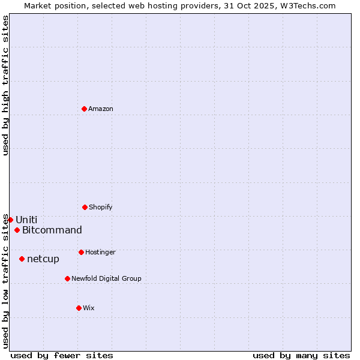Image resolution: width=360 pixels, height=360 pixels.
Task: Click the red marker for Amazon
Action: click(84, 109)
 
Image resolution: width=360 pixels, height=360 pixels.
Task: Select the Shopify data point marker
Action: click(85, 207)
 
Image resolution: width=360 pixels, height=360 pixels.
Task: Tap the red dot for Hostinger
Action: click(81, 252)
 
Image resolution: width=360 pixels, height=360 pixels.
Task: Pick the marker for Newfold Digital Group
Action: click(67, 278)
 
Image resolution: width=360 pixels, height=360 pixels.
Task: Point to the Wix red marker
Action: click(79, 308)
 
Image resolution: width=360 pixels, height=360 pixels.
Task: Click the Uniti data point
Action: click(10, 220)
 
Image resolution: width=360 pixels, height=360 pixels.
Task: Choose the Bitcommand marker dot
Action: click(17, 230)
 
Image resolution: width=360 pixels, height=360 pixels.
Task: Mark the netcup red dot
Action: click(22, 259)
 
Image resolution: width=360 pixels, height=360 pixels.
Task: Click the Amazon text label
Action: click(101, 109)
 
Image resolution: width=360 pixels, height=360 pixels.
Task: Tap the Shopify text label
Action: click(101, 207)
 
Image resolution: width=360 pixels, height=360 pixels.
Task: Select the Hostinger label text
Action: click(100, 252)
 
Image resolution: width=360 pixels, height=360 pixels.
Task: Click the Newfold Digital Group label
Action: click(107, 278)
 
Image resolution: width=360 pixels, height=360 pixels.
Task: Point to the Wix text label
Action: click(89, 308)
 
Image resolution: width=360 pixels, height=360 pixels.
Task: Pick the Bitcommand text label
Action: click(52, 230)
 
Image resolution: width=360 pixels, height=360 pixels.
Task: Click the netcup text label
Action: click(43, 259)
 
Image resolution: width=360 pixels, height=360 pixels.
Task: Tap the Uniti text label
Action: click(26, 220)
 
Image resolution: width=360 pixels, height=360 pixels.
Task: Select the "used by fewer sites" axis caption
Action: click(62, 355)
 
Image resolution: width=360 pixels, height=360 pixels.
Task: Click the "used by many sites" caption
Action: click(301, 355)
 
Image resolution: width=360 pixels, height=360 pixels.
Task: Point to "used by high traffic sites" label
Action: click(5, 85)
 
